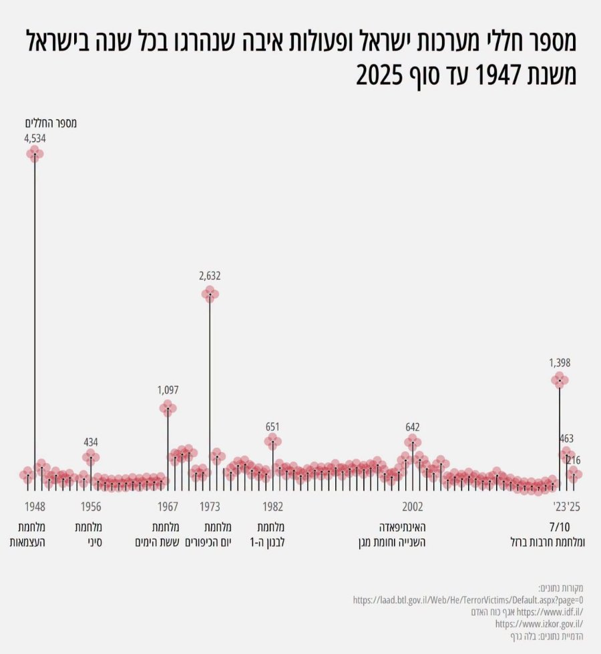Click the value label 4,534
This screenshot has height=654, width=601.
[x=35, y=139]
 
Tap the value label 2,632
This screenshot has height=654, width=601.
[x=210, y=276]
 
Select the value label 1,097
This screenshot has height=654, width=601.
[x=168, y=390]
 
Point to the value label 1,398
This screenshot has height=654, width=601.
[x=560, y=363]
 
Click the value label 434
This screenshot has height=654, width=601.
[x=91, y=442]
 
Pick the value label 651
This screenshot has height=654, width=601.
[x=272, y=427]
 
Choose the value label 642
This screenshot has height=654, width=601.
[x=413, y=427]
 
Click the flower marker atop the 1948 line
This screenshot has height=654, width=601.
[x=35, y=154]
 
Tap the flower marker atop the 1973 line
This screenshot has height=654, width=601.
[x=210, y=294]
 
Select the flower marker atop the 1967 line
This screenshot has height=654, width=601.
[x=168, y=408]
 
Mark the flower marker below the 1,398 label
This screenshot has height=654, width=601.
[x=560, y=380]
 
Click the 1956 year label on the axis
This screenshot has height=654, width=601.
[x=91, y=507]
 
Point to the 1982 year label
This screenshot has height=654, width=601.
[x=272, y=507]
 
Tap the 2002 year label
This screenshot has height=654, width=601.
[x=413, y=507]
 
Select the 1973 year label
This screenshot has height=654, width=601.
[x=210, y=507]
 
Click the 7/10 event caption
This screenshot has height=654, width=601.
[x=560, y=527]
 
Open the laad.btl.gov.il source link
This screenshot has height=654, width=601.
[x=468, y=600]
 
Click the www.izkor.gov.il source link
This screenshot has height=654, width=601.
[x=540, y=624]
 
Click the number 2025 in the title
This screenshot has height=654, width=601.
[x=379, y=75]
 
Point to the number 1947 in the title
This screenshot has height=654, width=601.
[x=499, y=75]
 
